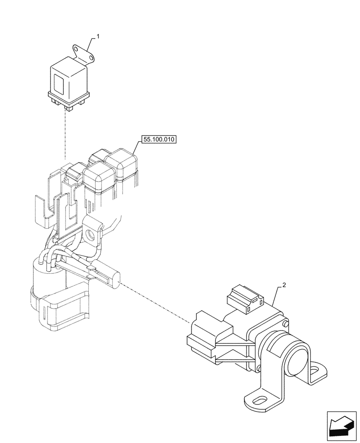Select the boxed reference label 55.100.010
[x=159, y=140]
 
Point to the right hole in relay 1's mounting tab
[x=90, y=57]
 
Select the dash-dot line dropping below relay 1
[x=65, y=133]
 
